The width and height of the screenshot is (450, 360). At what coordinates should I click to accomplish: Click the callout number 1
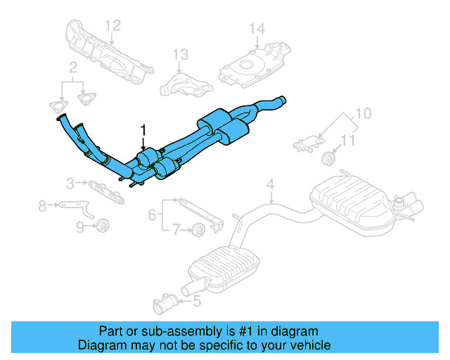pyautogui.click(x=143, y=130)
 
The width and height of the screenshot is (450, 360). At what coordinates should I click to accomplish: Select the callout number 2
pyautogui.click(x=72, y=68)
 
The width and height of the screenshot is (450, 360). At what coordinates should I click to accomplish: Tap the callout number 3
pyautogui.click(x=70, y=184)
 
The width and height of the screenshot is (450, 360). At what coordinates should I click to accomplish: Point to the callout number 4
pyautogui.click(x=269, y=185)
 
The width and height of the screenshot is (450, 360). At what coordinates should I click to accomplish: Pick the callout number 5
pyautogui.click(x=196, y=302)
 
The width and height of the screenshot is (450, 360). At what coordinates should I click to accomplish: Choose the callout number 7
pyautogui.click(x=177, y=228)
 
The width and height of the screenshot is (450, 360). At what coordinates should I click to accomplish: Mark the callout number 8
pyautogui.click(x=42, y=205)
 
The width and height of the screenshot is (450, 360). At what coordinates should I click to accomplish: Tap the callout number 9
pyautogui.click(x=79, y=226)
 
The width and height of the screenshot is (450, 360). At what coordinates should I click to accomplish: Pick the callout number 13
pyautogui.click(x=181, y=54)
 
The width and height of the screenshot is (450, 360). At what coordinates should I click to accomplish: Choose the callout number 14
pyautogui.click(x=257, y=29)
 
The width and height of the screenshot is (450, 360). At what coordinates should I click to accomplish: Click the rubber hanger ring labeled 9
pyautogui.click(x=101, y=226)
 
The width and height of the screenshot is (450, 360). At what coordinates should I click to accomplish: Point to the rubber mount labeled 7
pyautogui.click(x=198, y=228)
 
